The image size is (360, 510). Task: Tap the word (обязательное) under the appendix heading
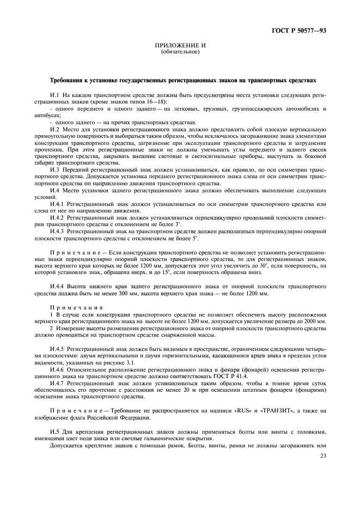pyautogui.click(x=180, y=52)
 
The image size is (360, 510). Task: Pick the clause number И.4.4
pyautogui.click(x=57, y=286)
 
